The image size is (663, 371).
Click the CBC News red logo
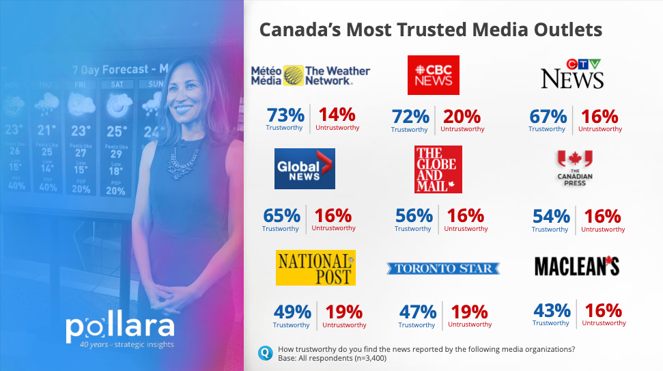pos(433,74)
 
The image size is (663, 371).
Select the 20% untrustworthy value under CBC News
pos(462,116)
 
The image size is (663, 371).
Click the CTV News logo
pos(572,74)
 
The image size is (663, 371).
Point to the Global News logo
pos(305,168)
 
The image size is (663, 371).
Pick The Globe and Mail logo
pos(438,169)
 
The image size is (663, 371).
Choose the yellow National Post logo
pos(315,267)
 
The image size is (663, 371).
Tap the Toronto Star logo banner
pos(443,269)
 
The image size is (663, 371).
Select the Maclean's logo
pos(576,266)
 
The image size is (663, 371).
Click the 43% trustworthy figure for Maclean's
pos(552,310)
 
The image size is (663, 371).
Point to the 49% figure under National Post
pos(292,312)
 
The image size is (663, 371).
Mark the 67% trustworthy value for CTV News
pos(548,116)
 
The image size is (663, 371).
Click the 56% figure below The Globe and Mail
pos(414,216)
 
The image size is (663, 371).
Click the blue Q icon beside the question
pos(265,353)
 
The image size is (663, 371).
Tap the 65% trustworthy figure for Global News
pos(281,216)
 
